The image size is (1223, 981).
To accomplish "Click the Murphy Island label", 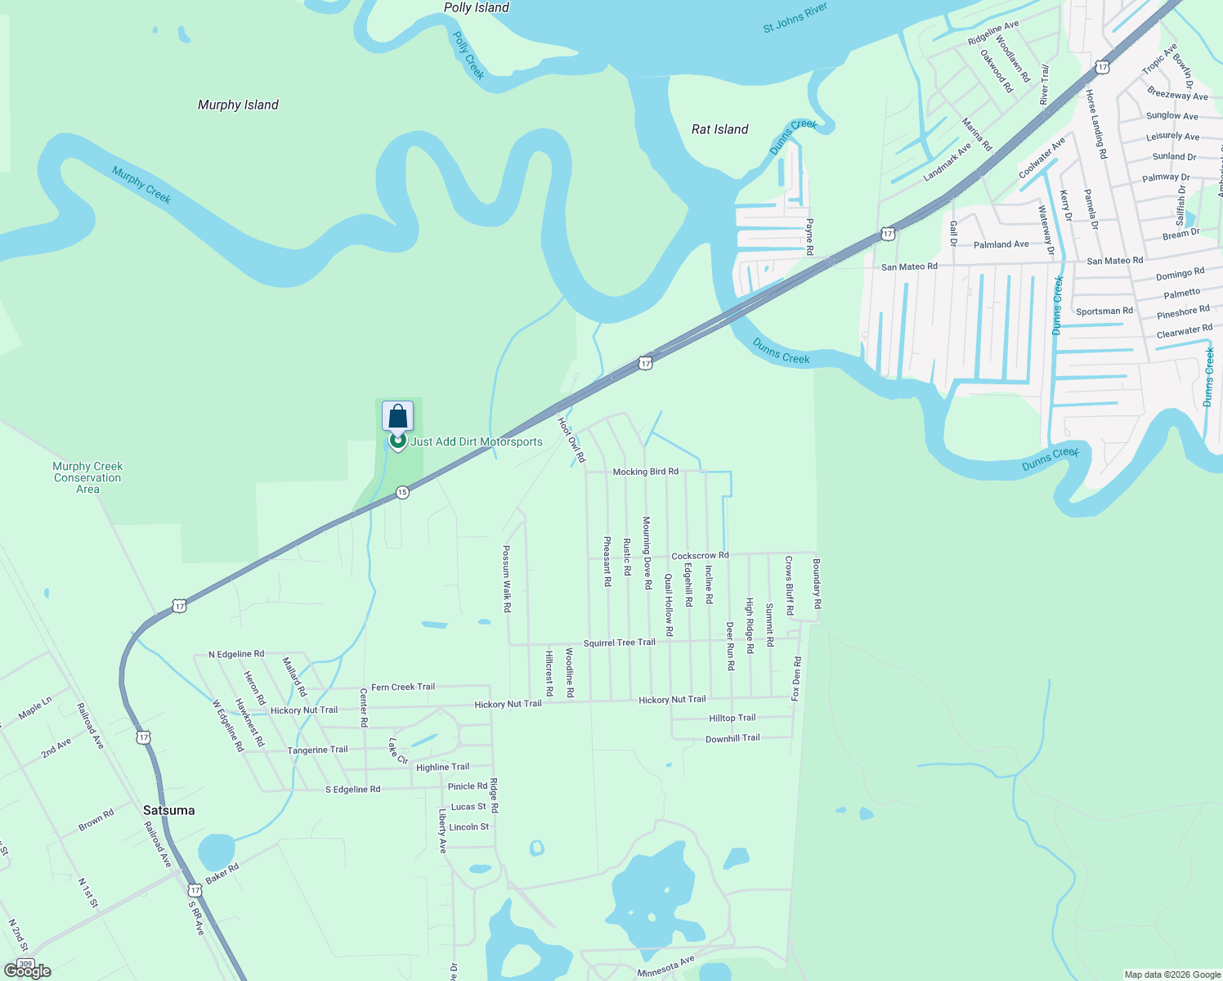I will tap(238, 105).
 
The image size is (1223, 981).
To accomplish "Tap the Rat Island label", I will tap(719, 129).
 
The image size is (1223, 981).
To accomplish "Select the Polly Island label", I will tap(476, 7).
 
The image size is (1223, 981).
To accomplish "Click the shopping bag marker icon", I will tap(398, 417).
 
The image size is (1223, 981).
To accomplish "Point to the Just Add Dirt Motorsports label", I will tap(477, 441).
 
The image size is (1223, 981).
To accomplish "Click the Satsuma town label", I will tap(168, 810).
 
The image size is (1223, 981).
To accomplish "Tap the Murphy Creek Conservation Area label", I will tap(87, 477).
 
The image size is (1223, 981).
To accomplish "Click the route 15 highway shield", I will tap(401, 492).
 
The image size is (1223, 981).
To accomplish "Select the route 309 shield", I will tap(25, 965).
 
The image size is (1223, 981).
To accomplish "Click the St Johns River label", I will tap(795, 18).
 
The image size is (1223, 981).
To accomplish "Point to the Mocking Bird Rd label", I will tap(645, 472).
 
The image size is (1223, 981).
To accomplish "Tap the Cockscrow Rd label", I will tap(699, 556).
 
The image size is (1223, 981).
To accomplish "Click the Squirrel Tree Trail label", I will tap(619, 643).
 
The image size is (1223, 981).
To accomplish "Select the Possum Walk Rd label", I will tap(507, 579).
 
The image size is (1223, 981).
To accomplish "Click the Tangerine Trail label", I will tap(317, 750).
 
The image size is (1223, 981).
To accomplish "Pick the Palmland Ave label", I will tap(1001, 244).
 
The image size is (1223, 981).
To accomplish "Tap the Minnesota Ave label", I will tap(665, 967).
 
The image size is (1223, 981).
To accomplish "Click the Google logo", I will tap(28, 971).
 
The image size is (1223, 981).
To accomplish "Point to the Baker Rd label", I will tap(222, 873).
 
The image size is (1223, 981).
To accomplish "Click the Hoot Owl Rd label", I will tap(571, 440).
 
